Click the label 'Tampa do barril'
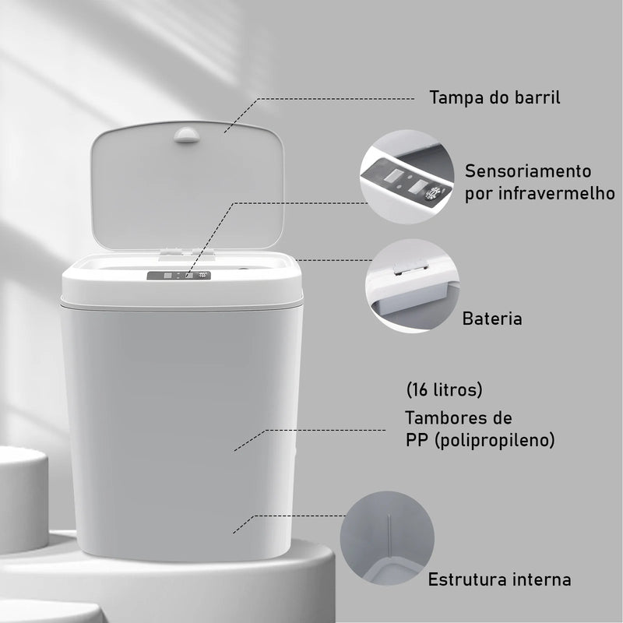(x=495, y=99)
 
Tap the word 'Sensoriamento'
(x=528, y=171)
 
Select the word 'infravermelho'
(x=551, y=193)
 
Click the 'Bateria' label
(x=492, y=319)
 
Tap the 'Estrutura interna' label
(x=499, y=580)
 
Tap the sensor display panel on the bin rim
(x=180, y=275)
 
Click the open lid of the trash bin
(x=187, y=187)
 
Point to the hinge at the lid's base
(x=178, y=252)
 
